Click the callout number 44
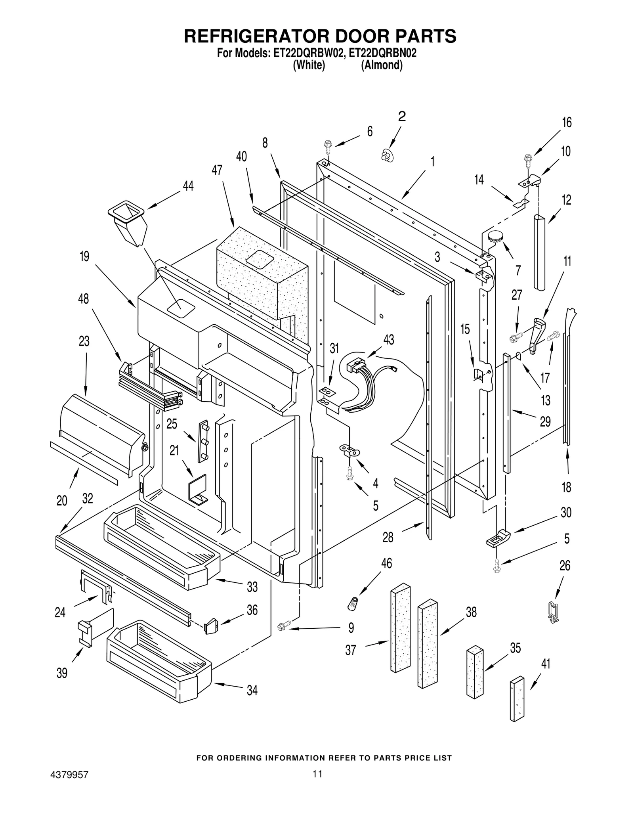(x=188, y=186)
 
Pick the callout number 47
(x=217, y=170)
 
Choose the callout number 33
(x=252, y=587)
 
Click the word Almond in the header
(x=381, y=65)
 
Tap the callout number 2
(x=401, y=116)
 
